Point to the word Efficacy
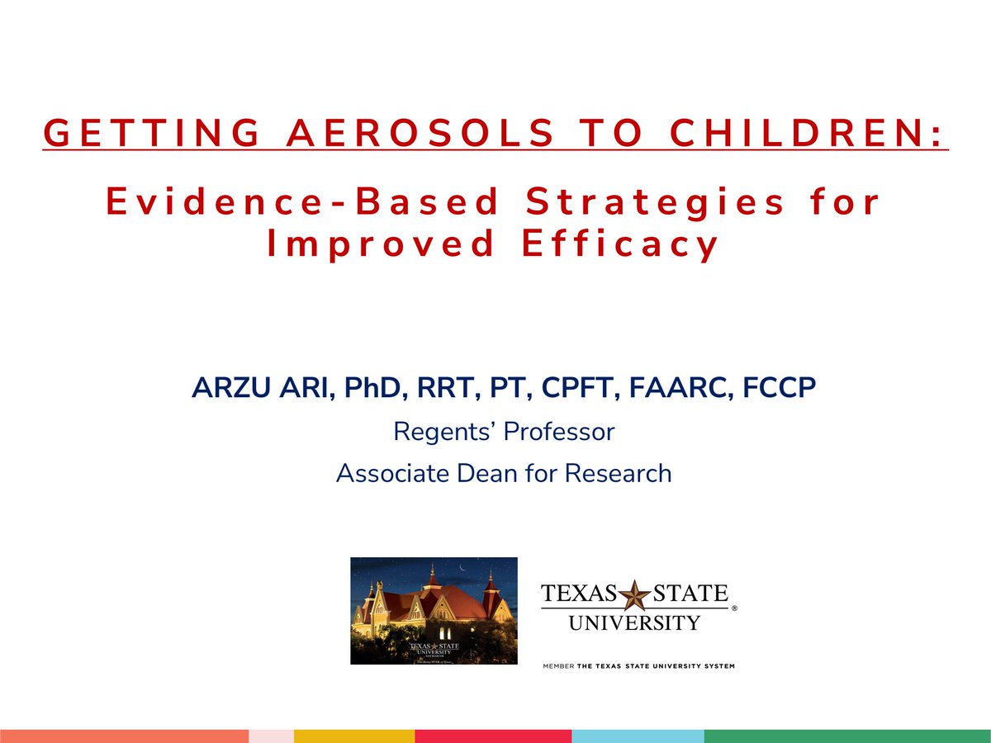620,244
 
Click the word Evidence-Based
303,202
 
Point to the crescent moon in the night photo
464,569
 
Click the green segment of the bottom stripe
847,736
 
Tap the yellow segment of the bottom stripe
353,736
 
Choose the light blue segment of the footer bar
638,736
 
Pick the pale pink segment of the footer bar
271,736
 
